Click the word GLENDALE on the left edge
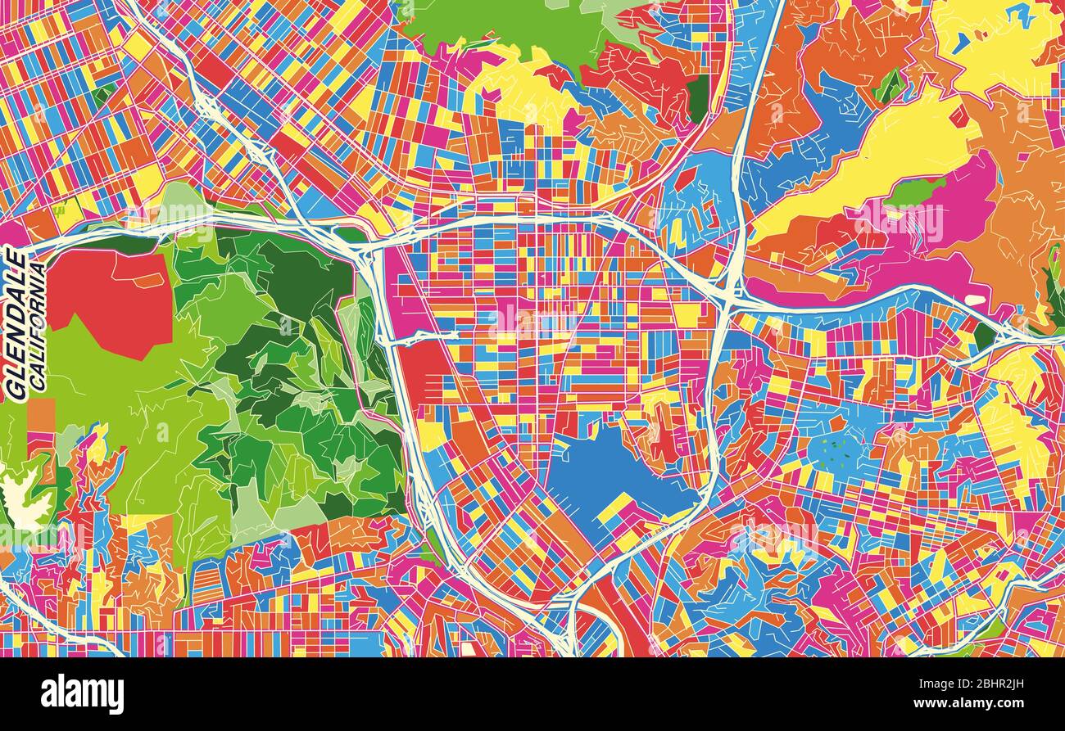pos(16,325)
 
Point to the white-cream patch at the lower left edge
pos(25,499)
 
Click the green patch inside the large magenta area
pos(916,193)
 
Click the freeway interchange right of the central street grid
pos(729,299)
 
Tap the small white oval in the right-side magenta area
pos(975,300)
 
